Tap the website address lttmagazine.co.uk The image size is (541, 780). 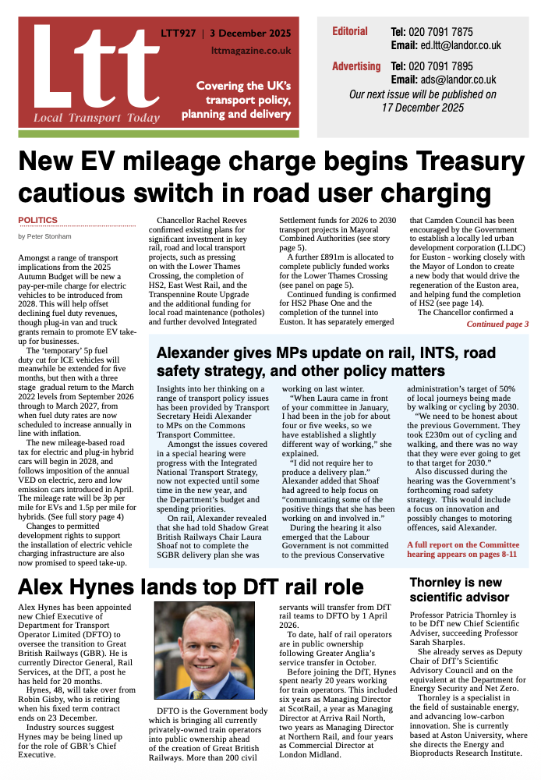pyautogui.click(x=251, y=50)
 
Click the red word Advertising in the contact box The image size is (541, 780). pyautogui.click(x=356, y=66)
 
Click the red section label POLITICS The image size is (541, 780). pyautogui.click(x=37, y=220)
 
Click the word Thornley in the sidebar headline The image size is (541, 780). pyautogui.click(x=444, y=583)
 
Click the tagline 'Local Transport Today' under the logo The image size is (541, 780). pyautogui.click(x=96, y=118)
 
